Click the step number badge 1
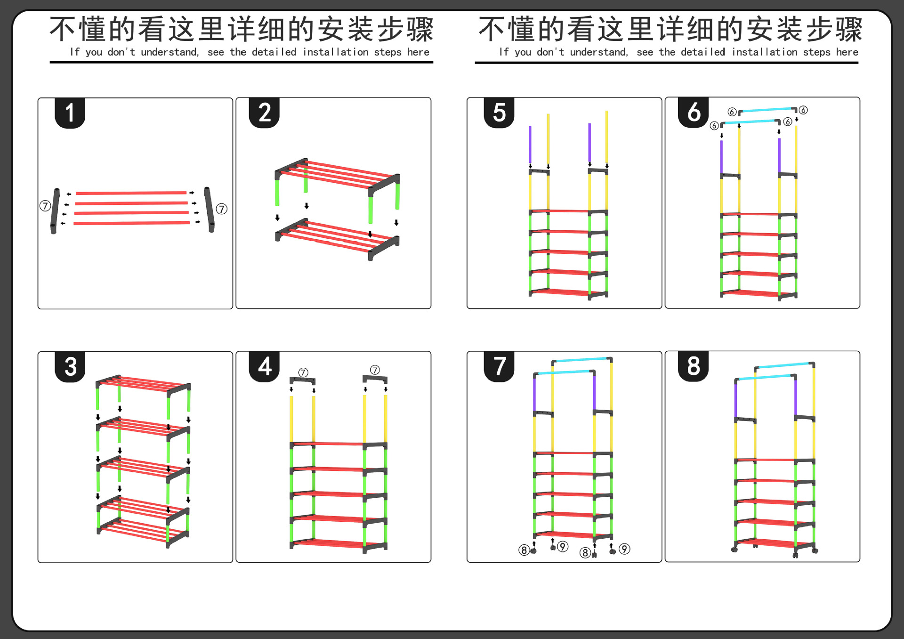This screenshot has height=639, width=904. (x=70, y=113)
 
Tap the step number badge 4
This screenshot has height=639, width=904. (x=264, y=366)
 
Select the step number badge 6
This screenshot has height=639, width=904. (x=694, y=113)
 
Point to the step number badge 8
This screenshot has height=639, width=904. (x=694, y=366)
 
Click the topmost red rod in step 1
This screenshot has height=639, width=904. (x=131, y=193)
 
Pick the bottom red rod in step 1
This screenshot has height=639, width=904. (x=132, y=223)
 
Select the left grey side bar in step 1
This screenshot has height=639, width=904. (x=55, y=210)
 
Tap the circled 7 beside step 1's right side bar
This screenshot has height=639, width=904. (x=222, y=209)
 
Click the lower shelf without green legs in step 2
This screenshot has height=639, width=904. (x=337, y=238)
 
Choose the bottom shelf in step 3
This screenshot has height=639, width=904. (x=141, y=531)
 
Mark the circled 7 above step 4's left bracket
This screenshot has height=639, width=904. (x=303, y=372)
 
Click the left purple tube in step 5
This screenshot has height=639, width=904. (x=530, y=144)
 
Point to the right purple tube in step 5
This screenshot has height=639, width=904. (x=589, y=143)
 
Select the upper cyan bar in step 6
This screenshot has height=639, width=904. (x=767, y=110)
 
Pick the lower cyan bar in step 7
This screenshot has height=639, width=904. (x=564, y=372)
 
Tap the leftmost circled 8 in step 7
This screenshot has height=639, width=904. (x=524, y=550)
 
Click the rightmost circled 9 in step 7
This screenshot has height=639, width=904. (x=624, y=549)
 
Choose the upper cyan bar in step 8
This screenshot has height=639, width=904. (x=784, y=365)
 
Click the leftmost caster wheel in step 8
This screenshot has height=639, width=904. (x=734, y=550)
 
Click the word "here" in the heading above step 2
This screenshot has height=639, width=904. (x=418, y=52)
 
